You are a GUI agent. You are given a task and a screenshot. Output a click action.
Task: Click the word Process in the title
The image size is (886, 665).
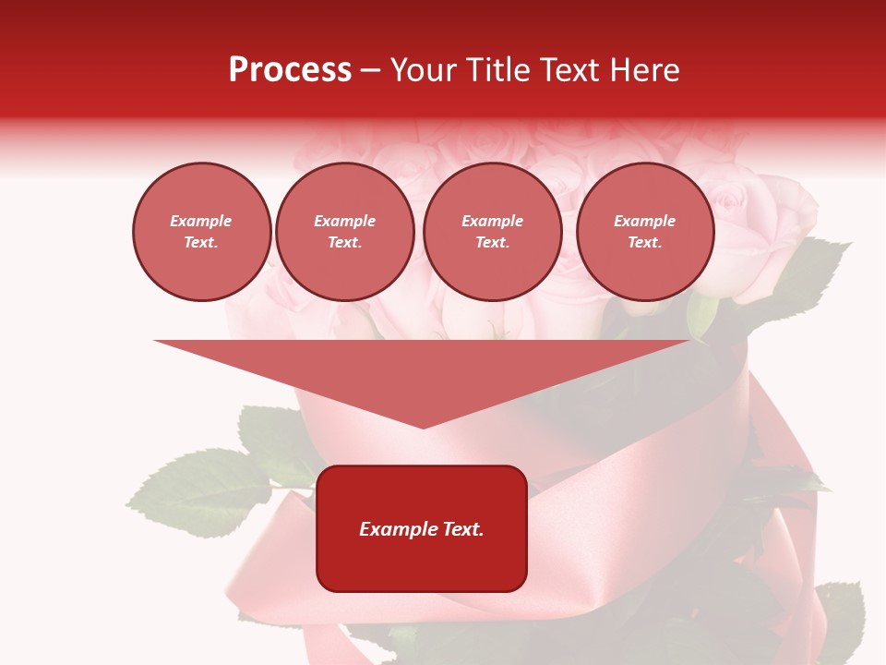(290, 70)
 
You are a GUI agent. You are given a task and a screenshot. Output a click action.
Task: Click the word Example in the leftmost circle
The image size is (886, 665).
(201, 221)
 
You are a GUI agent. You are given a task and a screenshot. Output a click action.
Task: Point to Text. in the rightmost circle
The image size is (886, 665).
(645, 243)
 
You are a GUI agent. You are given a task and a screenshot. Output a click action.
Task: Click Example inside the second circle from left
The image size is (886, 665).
(345, 221)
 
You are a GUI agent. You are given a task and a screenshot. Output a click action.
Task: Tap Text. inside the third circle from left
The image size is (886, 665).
(492, 243)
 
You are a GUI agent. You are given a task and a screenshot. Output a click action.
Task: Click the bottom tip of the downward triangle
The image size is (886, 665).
(423, 427)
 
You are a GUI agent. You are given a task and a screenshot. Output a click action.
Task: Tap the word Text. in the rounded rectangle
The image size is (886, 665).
(463, 529)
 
